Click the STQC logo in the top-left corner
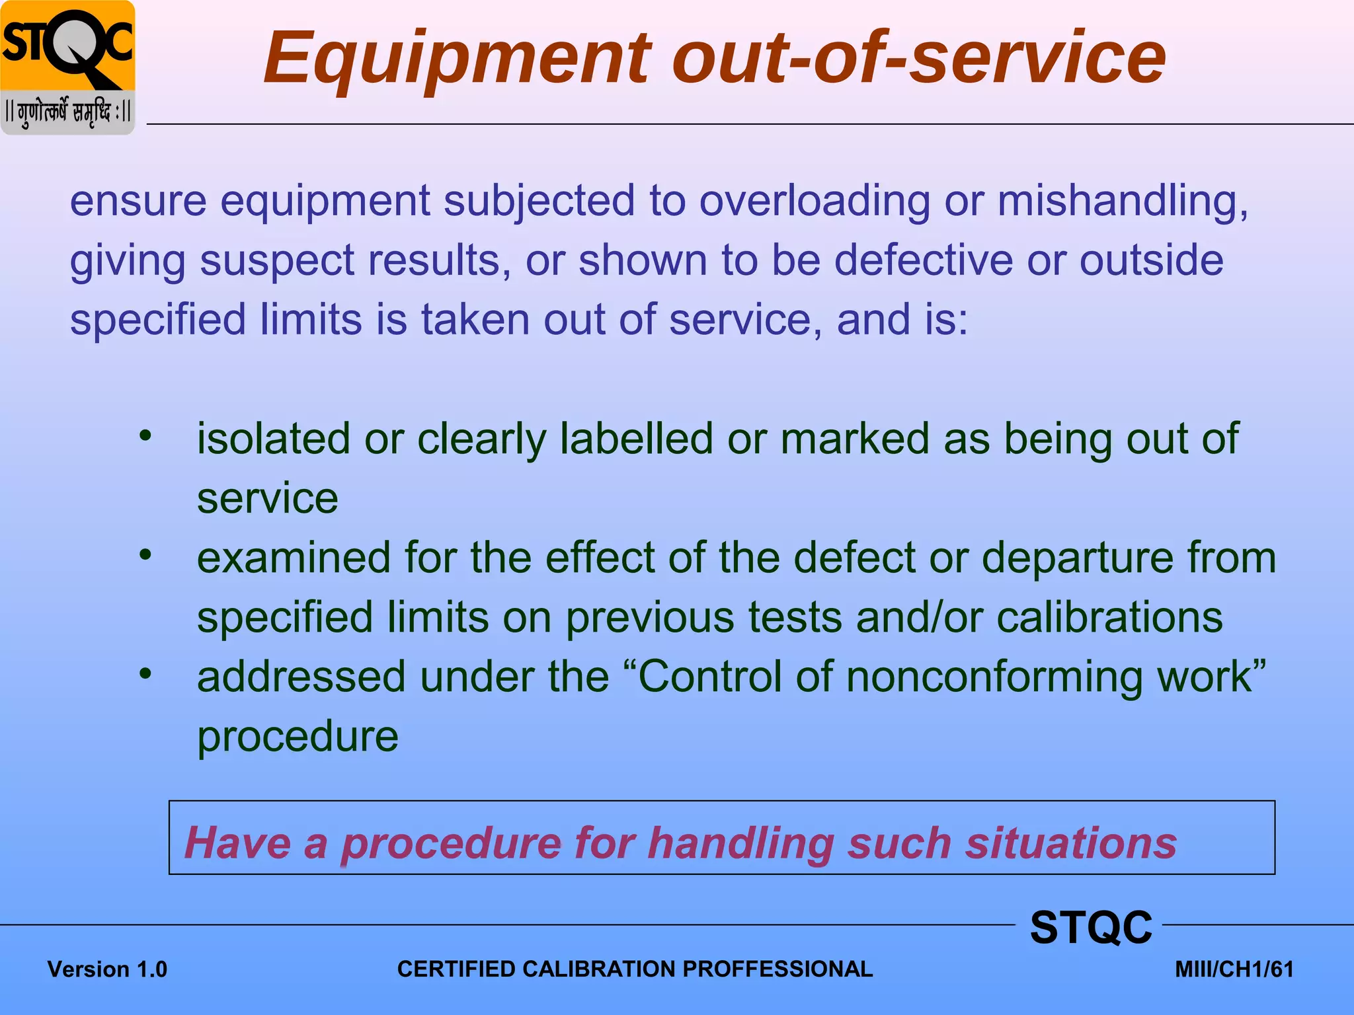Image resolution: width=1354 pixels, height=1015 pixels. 67,67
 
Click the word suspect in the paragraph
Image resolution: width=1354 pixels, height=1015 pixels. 278,261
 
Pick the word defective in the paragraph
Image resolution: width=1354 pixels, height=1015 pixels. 923,260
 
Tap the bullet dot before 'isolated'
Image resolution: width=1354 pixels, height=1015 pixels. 145,435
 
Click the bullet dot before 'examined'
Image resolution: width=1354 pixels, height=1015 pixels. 145,554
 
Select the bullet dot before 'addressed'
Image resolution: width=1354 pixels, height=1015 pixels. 145,673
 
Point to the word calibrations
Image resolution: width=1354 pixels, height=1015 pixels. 1109,618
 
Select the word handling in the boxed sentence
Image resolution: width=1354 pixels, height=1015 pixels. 740,844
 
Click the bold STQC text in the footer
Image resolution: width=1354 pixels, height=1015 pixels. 1091,927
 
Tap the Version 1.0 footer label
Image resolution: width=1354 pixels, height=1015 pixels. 107,969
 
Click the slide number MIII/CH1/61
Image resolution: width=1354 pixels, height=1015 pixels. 1234,969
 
